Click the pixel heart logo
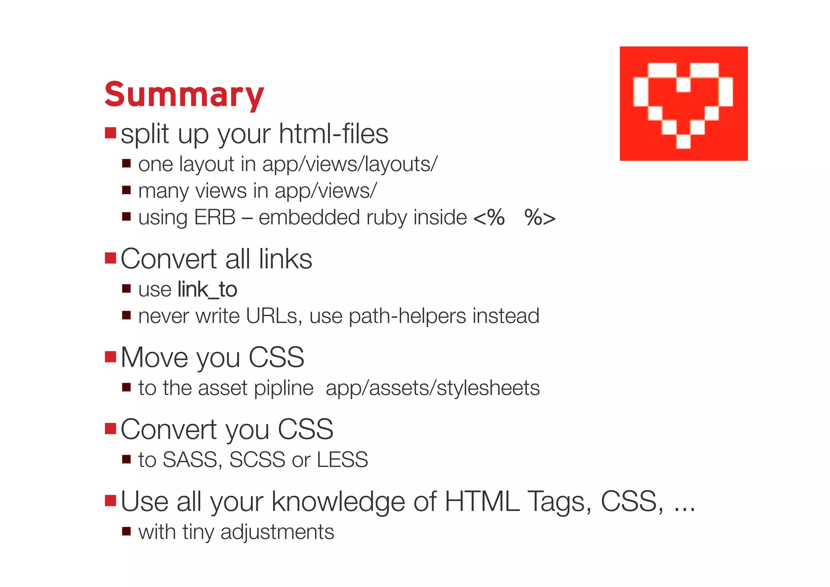pyautogui.click(x=683, y=104)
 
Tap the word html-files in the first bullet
pyautogui.click(x=333, y=134)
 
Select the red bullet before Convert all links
pyautogui.click(x=110, y=258)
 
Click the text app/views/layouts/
pyautogui.click(x=350, y=164)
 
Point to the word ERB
pyautogui.click(x=214, y=217)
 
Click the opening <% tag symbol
pyautogui.click(x=489, y=218)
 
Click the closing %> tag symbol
pyautogui.click(x=540, y=218)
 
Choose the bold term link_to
pyautogui.click(x=207, y=289)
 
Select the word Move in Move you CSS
pyautogui.click(x=154, y=358)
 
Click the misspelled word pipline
pyautogui.click(x=283, y=388)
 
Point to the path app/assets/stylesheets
pyautogui.click(x=432, y=388)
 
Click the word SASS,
pyautogui.click(x=192, y=460)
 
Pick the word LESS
pyautogui.click(x=342, y=460)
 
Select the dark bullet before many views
pyautogui.click(x=126, y=190)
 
